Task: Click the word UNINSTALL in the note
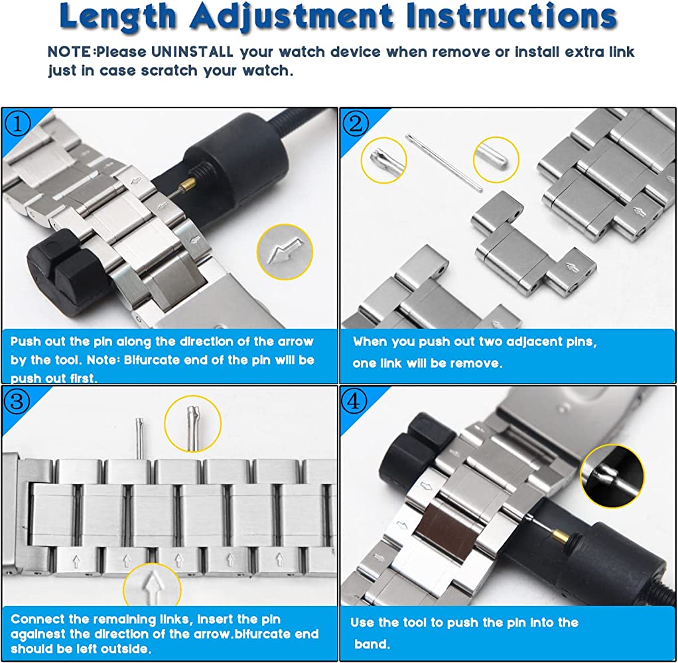click(x=192, y=52)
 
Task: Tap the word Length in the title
click(x=117, y=17)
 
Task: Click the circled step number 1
click(x=17, y=124)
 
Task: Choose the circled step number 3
click(x=17, y=402)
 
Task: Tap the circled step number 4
click(x=354, y=402)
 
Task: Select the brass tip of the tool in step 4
click(x=559, y=536)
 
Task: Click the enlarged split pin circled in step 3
click(x=192, y=427)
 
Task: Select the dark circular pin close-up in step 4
click(x=612, y=475)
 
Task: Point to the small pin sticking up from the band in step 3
click(x=139, y=438)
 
